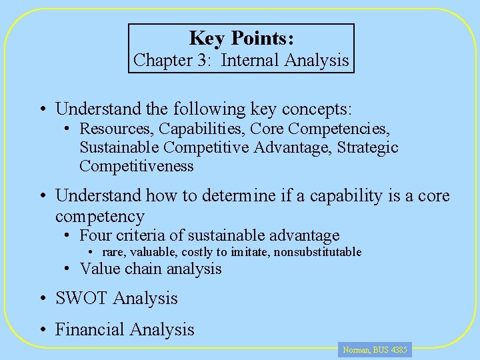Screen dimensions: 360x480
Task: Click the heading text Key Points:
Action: pyautogui.click(x=241, y=38)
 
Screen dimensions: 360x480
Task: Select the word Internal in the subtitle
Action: pyautogui.click(x=250, y=60)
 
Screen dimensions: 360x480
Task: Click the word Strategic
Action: pyautogui.click(x=368, y=147)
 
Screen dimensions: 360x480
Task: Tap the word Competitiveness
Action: pyautogui.click(x=137, y=166)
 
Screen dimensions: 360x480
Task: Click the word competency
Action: pyautogui.click(x=100, y=216)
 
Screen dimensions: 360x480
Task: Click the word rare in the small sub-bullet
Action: pyautogui.click(x=113, y=252)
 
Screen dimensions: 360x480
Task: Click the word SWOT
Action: pyautogui.click(x=81, y=298)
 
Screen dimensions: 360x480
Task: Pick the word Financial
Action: pyautogui.click(x=90, y=329)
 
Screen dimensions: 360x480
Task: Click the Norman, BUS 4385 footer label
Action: pyautogui.click(x=375, y=349)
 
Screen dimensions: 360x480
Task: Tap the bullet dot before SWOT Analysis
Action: pyautogui.click(x=42, y=298)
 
